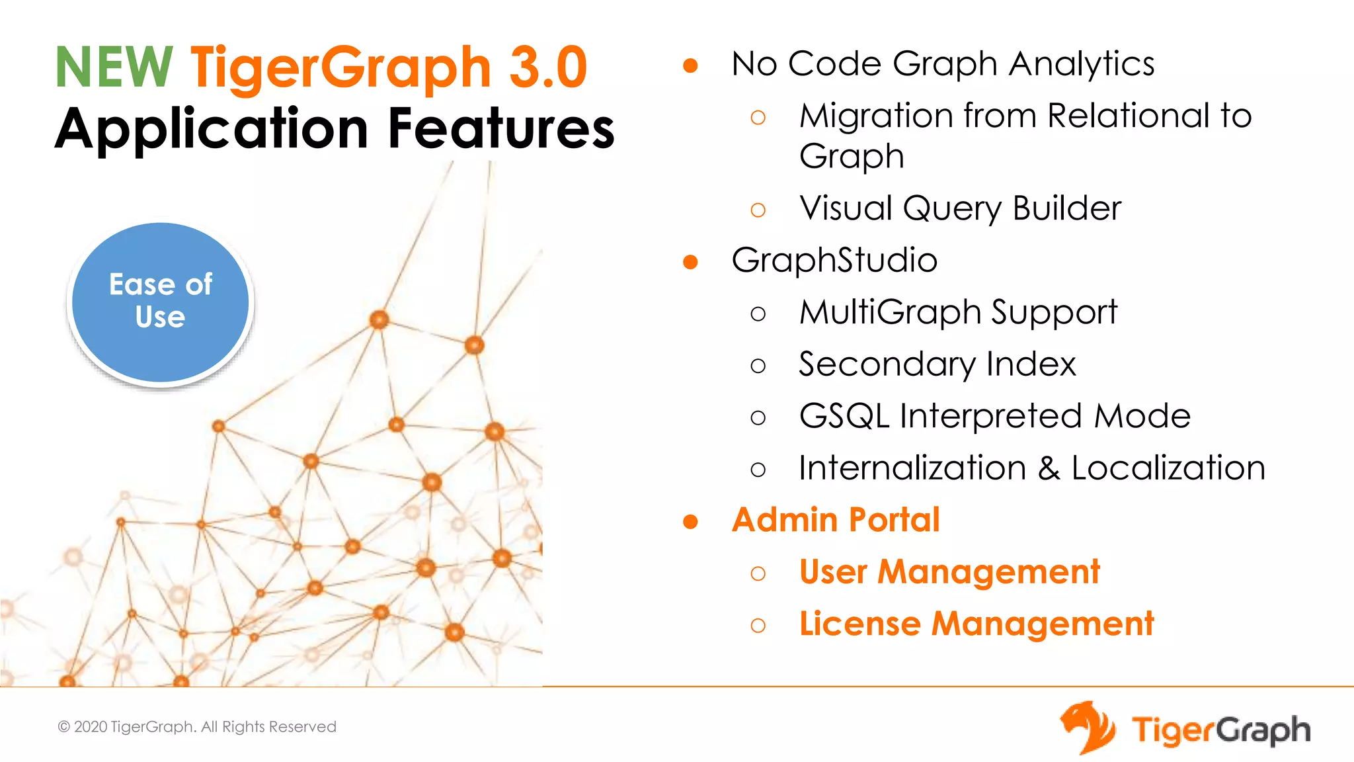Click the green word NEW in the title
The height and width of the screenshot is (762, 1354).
tap(114, 67)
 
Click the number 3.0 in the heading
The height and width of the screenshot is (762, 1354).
tap(548, 67)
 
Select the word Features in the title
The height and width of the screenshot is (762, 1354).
tap(501, 128)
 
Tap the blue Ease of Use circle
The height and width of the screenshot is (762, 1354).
tap(161, 302)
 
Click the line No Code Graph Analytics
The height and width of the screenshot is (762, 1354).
tap(943, 64)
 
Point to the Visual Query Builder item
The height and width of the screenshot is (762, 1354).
tap(960, 208)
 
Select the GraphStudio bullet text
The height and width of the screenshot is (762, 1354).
tap(834, 260)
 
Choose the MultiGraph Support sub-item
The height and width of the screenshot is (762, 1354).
tap(958, 312)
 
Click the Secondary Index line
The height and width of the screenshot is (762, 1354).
tap(937, 364)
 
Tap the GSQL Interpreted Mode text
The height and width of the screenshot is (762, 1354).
tap(994, 416)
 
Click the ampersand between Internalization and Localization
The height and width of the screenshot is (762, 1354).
tap(1049, 468)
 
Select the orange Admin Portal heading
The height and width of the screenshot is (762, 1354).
tap(836, 520)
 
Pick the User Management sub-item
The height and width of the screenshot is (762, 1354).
tap(949, 571)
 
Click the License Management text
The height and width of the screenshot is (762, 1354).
tap(976, 624)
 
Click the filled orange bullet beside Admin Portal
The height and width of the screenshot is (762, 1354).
tap(690, 522)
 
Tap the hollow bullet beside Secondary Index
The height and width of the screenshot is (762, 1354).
tap(758, 366)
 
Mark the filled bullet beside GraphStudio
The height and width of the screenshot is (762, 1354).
tap(690, 262)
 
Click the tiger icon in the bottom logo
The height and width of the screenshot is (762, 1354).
tap(1088, 728)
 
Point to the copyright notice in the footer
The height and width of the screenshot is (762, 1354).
tap(197, 727)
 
